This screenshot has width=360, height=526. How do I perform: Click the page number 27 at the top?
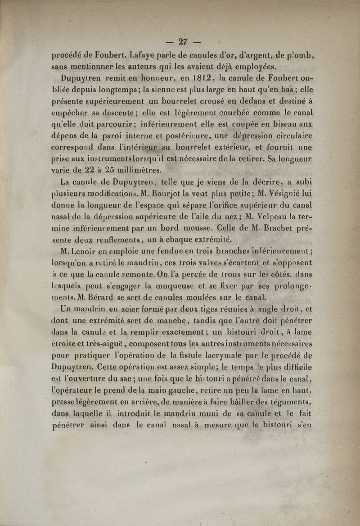pos(183,41)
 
